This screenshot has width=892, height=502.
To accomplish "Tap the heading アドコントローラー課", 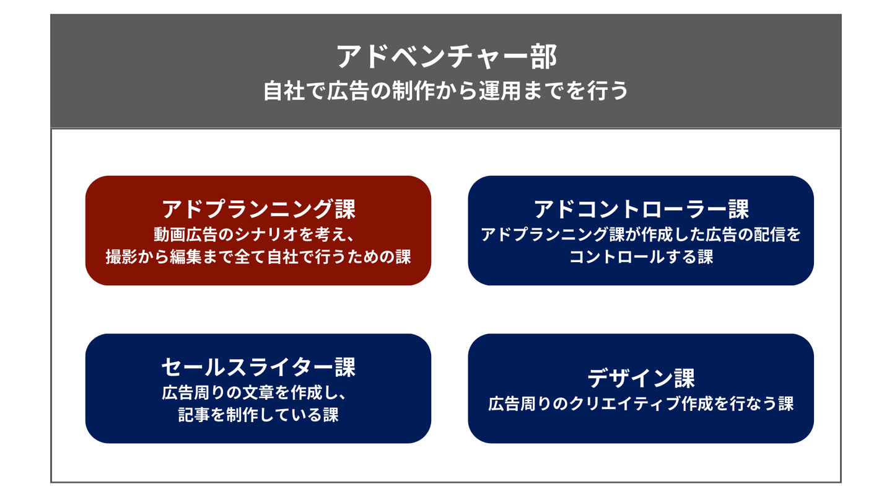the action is (641, 209).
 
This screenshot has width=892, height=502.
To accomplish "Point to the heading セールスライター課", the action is (258, 368).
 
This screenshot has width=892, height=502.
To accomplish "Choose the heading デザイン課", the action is (641, 378).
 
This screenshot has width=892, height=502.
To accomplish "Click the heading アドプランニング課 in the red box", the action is (258, 209).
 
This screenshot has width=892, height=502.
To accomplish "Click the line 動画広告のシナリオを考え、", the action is (258, 235).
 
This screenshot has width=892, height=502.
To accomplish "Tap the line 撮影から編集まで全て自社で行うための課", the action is (258, 257).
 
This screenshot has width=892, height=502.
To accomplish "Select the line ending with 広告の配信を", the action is (641, 235).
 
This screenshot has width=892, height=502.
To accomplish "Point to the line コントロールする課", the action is (641, 257).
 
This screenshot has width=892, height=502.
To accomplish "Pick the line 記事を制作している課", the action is (258, 415).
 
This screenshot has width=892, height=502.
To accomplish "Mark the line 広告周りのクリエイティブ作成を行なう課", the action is (641, 404).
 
